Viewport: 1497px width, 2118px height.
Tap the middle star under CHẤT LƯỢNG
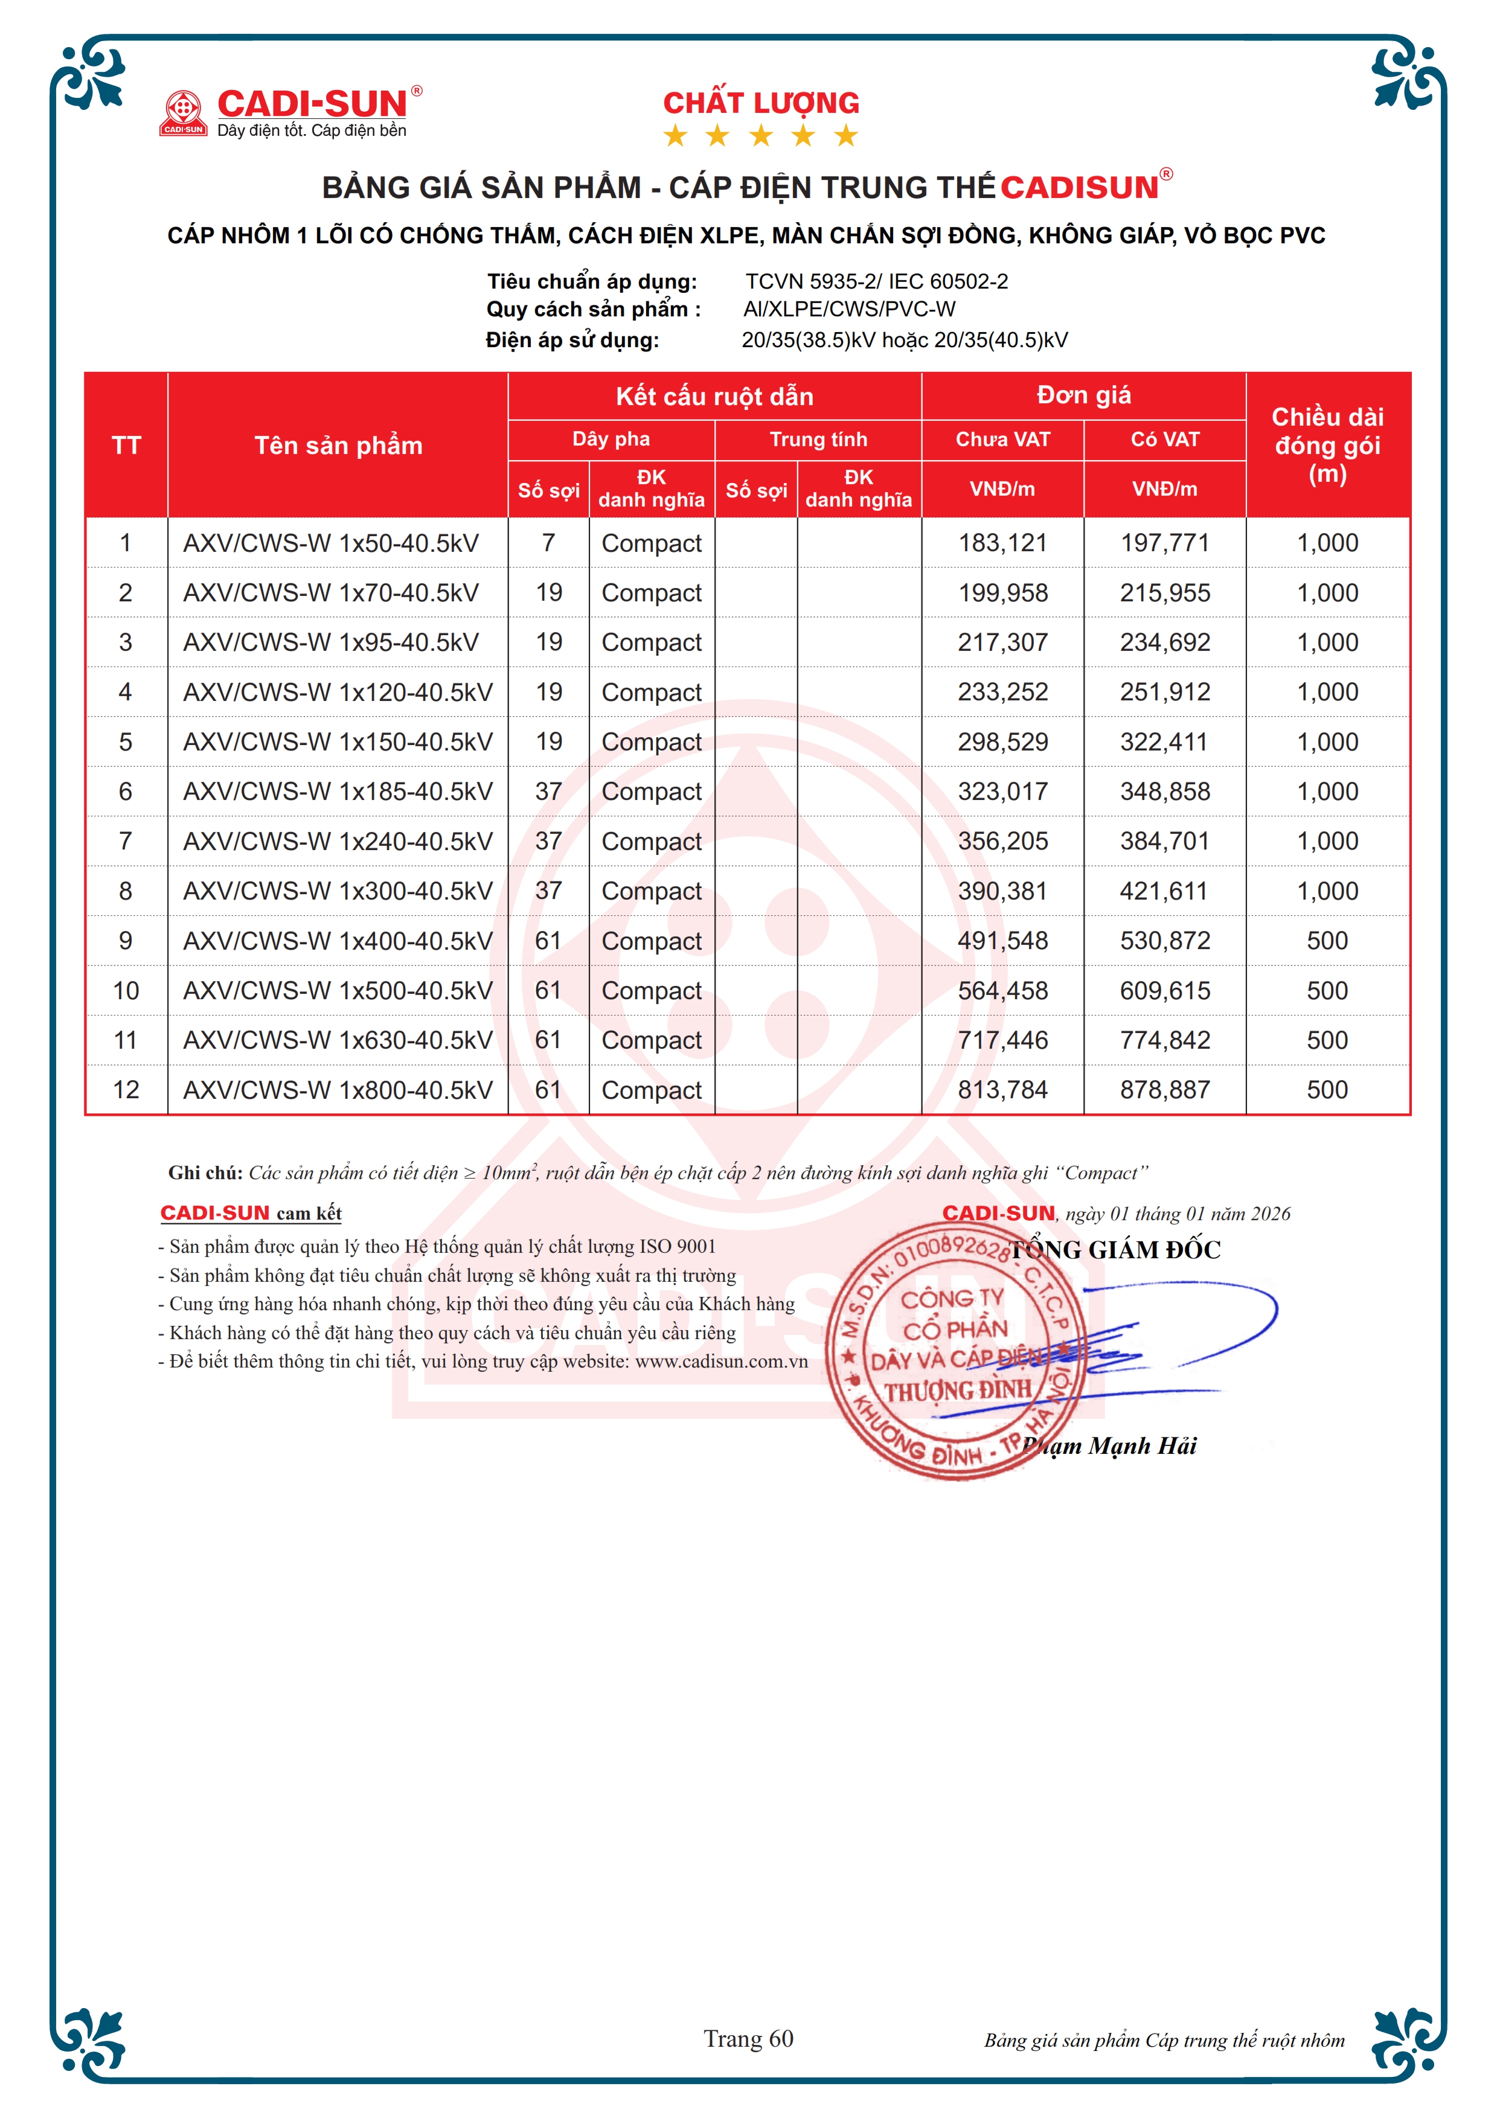(761, 136)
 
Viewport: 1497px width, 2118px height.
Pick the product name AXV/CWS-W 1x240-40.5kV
(338, 841)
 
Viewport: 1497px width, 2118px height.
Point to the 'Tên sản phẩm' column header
(338, 446)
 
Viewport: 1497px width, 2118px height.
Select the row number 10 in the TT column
(126, 991)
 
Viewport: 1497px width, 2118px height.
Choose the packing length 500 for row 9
(1327, 941)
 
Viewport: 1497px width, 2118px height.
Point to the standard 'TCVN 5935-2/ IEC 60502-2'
(876, 281)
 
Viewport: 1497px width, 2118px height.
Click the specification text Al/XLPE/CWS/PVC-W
(850, 309)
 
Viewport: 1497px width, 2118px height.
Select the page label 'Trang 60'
(748, 2039)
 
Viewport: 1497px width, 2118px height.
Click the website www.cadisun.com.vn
(721, 1361)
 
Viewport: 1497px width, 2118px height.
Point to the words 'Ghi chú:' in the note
(205, 1173)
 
